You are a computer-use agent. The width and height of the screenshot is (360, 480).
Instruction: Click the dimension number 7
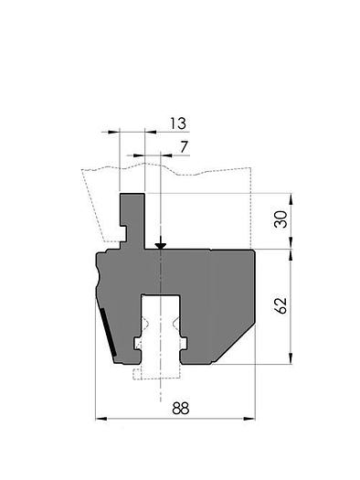point(184,146)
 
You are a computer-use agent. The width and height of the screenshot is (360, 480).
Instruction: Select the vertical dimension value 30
point(281,220)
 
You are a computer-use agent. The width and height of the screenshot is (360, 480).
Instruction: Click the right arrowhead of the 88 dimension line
point(249,419)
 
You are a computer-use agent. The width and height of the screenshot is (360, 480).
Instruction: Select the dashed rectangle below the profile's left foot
point(138,372)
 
